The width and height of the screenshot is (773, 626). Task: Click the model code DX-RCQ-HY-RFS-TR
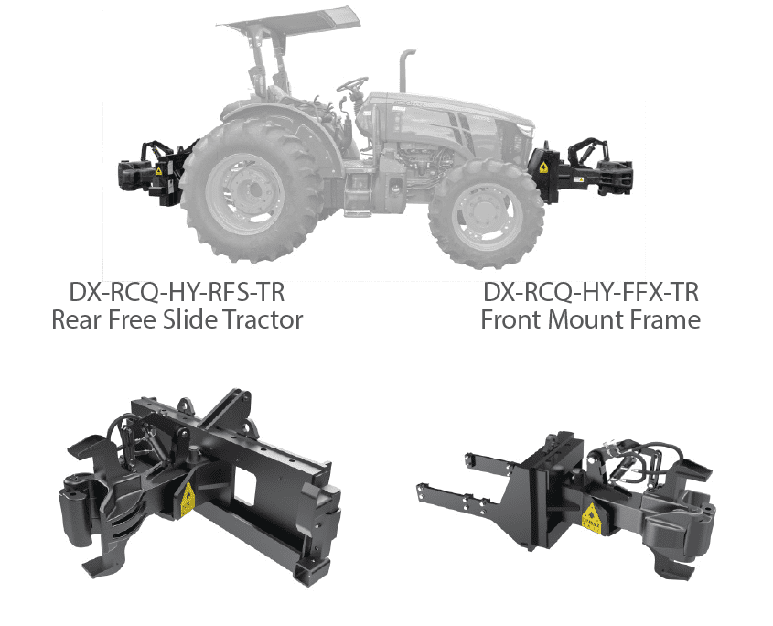177,292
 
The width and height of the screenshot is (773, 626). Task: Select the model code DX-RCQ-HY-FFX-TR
591,292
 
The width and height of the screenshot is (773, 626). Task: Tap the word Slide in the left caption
189,319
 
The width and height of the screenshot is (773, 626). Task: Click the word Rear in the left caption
77,319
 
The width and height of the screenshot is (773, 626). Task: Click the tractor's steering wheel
352,84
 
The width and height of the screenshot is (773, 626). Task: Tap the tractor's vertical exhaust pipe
407,70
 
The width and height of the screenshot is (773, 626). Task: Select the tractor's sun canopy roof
290,21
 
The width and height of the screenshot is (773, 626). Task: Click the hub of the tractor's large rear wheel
245,190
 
